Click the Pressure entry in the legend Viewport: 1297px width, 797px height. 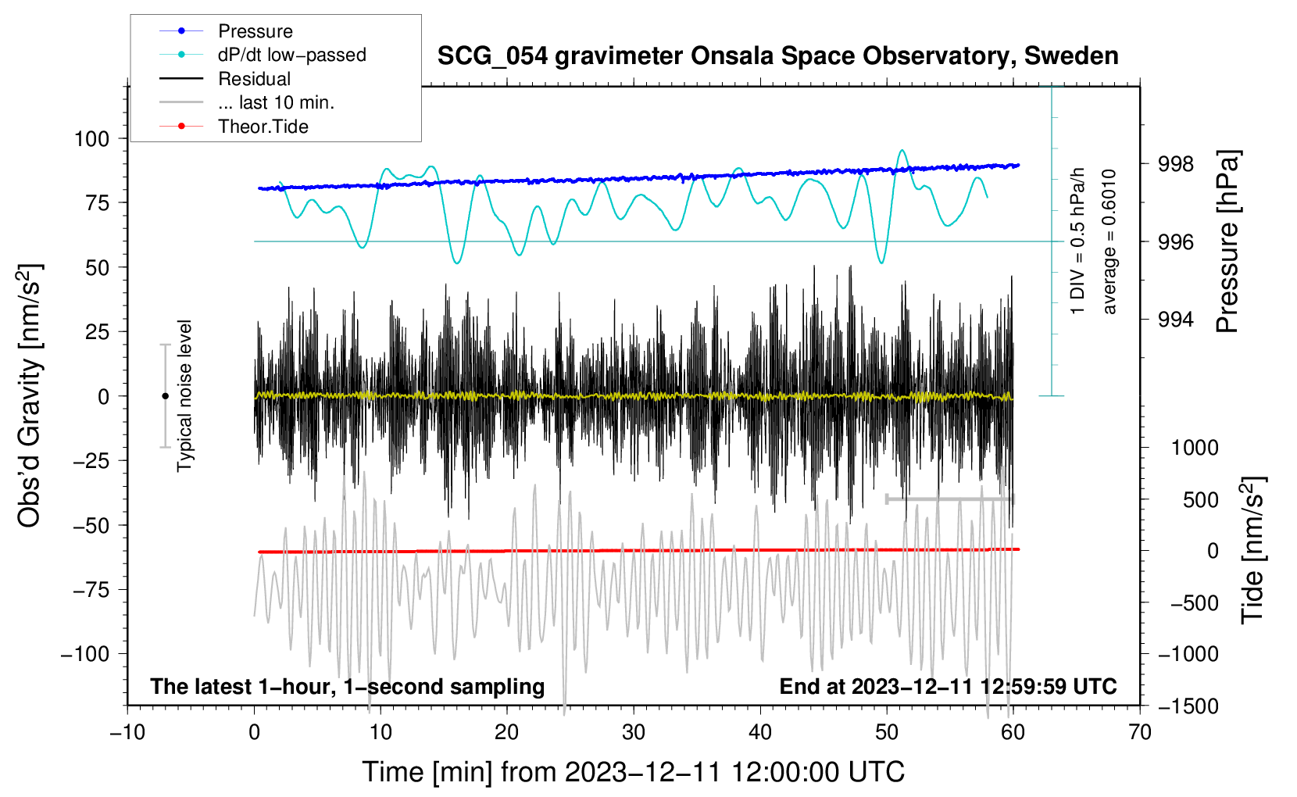(255, 31)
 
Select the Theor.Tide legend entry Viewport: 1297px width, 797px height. (263, 127)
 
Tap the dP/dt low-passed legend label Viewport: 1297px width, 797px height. (292, 55)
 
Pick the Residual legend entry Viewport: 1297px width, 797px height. (254, 79)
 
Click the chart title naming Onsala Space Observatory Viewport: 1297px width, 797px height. (777, 56)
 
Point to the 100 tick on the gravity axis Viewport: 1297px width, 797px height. (92, 139)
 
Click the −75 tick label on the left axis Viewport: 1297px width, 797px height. (91, 590)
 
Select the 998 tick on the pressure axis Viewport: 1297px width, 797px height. (1175, 165)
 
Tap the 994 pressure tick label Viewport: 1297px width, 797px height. (1175, 319)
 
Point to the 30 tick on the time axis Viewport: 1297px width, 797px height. (634, 733)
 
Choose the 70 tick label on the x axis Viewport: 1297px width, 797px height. (1139, 733)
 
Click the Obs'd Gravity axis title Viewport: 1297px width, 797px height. (29, 396)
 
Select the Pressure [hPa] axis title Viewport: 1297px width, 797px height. (1227, 241)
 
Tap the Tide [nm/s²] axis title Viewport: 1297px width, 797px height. (1253, 550)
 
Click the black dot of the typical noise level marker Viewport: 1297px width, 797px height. (165, 396)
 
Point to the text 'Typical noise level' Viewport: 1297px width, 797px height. (184, 396)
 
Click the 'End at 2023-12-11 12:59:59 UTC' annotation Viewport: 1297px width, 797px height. (948, 686)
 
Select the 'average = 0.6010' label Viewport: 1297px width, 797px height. (1109, 242)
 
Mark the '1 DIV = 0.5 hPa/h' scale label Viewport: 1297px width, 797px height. (1077, 241)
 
